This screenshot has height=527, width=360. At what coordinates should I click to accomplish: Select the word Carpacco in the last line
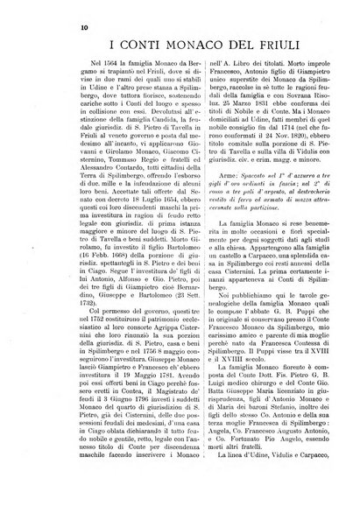[329, 511]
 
